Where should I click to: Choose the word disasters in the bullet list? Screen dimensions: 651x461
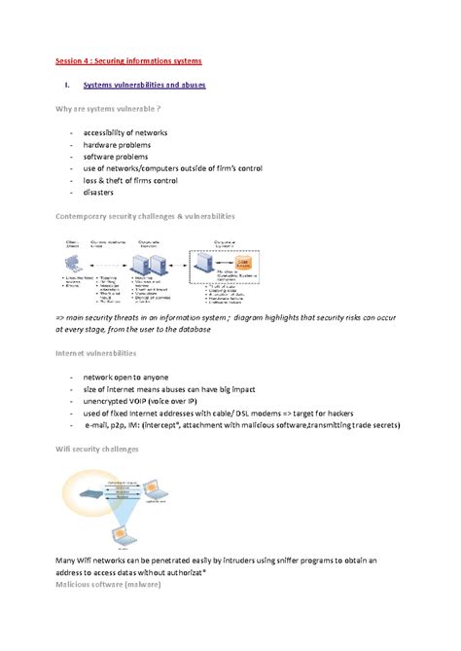click(103, 193)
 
